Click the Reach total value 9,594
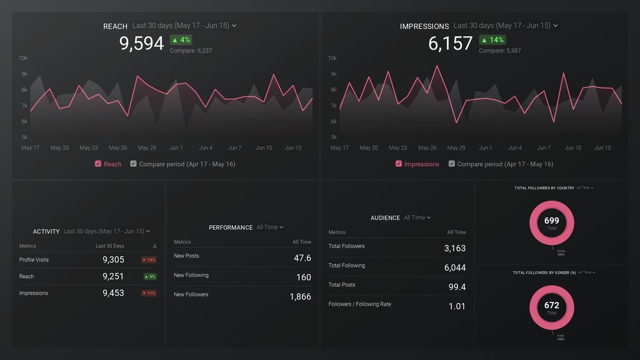141,43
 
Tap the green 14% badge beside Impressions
492,40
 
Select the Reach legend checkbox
98,164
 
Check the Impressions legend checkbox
399,164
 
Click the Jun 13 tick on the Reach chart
293,148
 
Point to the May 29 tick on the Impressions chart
456,148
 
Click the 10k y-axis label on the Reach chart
23,58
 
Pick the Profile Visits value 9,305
113,260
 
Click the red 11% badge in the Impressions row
149,293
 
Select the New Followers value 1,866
300,297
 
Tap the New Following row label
191,275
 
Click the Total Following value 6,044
454,267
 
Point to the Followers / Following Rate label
359,304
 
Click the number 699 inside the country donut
552,221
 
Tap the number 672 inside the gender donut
552,305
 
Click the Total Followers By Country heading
544,187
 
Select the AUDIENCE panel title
385,218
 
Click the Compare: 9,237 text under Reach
191,51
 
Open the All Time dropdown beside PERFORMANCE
270,227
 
